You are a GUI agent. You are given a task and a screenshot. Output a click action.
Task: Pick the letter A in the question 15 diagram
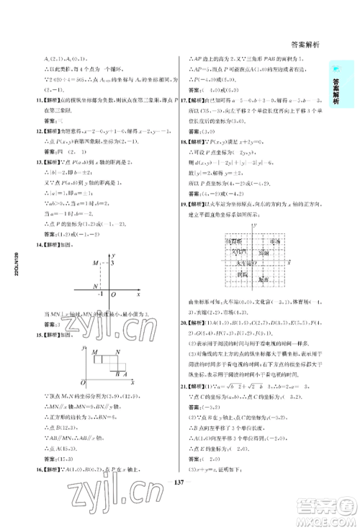click(x=125, y=375)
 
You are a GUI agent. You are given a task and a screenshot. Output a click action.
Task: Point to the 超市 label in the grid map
click(x=265, y=279)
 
